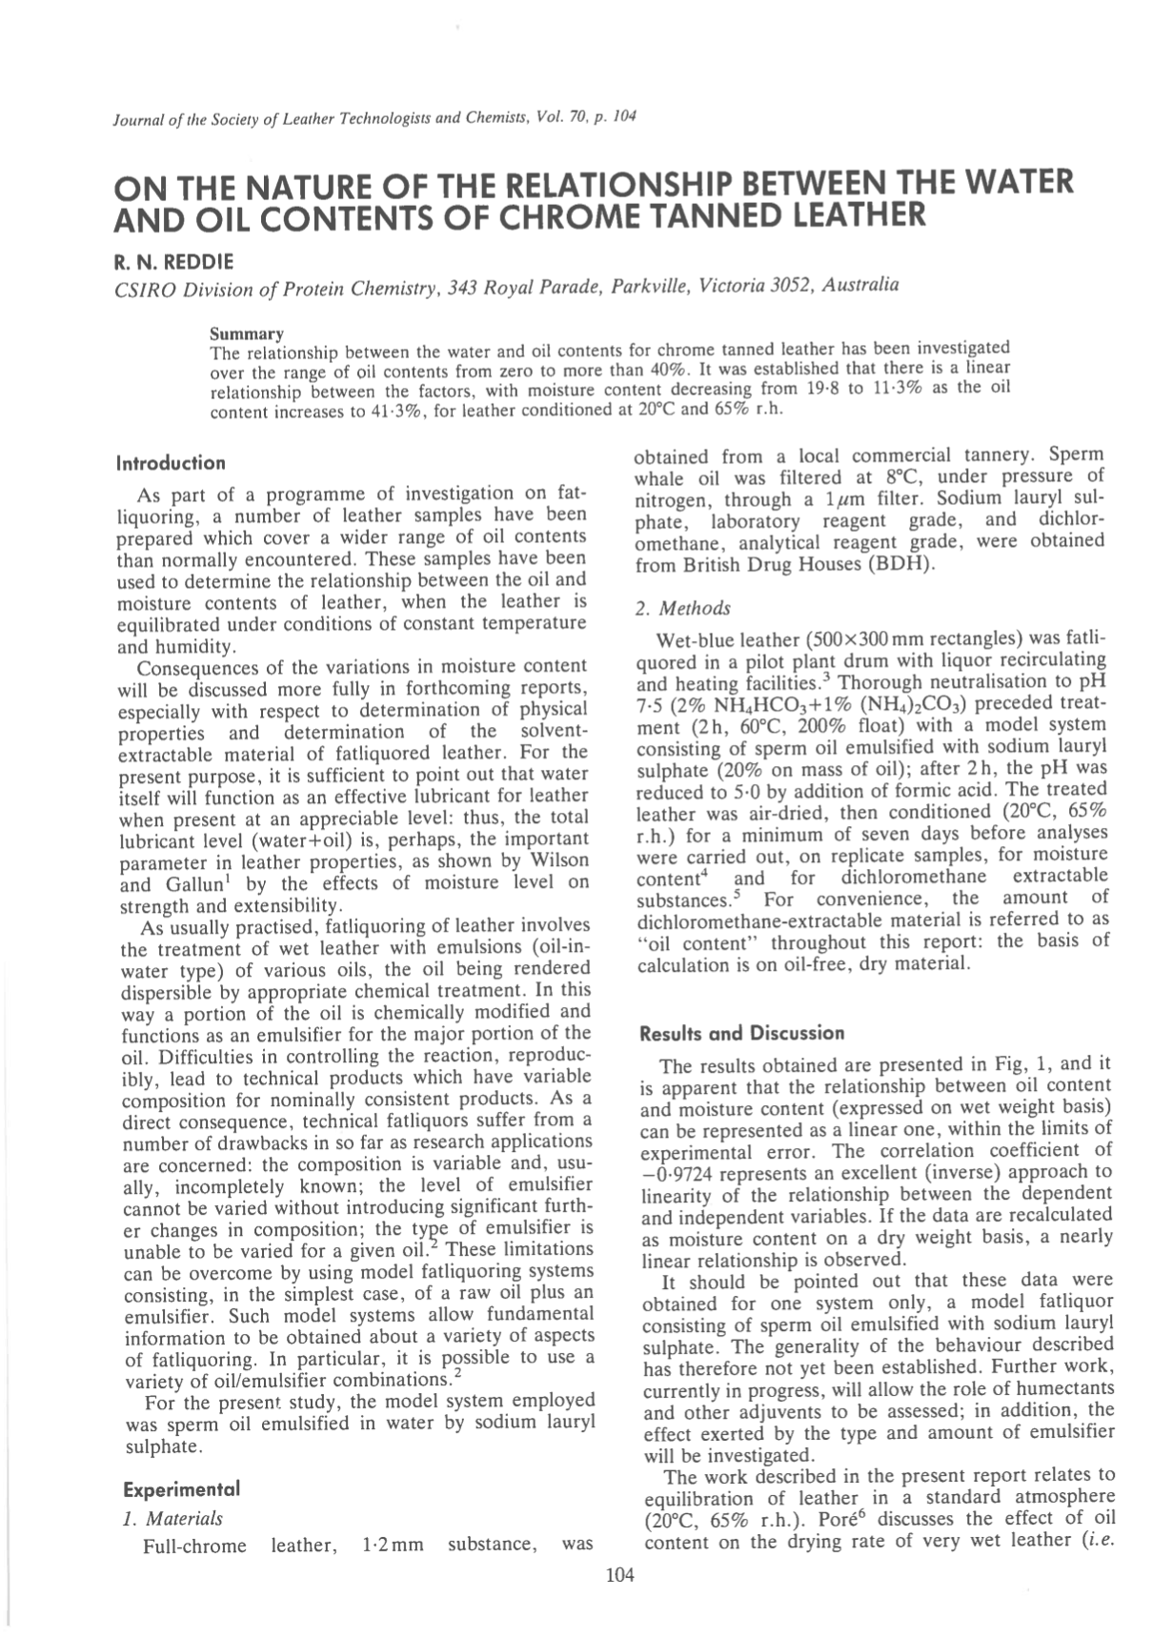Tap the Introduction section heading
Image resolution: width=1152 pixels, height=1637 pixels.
[x=171, y=463]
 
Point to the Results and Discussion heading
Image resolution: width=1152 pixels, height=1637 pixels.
[x=742, y=1032]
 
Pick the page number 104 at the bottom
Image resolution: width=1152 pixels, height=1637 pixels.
[x=619, y=1575]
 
